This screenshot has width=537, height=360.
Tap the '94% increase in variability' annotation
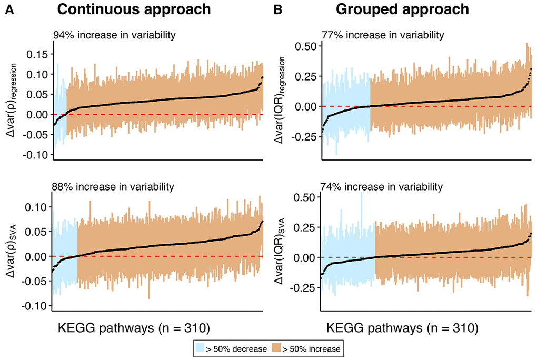tap(114, 35)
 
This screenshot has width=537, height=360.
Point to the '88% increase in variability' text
tap(113, 186)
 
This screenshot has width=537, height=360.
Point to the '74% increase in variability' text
tap(382, 186)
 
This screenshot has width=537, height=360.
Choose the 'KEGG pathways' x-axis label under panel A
tap(133, 329)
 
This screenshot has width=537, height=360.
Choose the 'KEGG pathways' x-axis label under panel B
tap(402, 329)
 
